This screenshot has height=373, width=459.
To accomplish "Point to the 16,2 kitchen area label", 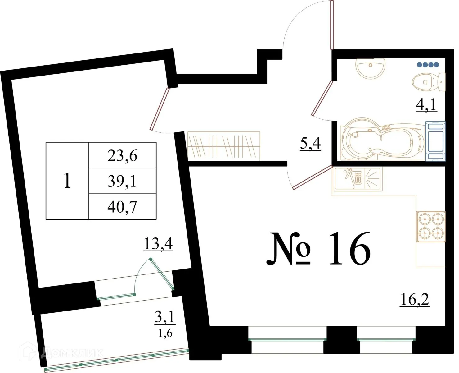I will coord(415,299).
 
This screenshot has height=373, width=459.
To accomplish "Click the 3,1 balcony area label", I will coord(165,317).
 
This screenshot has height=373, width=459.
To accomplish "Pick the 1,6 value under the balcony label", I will coord(165,333).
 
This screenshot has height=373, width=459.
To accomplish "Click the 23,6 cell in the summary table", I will coord(122,155).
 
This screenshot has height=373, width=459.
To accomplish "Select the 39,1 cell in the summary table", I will coord(122,181).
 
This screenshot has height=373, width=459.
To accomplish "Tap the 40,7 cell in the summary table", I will coord(122,207).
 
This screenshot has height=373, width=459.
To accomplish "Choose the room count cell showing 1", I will coord(67,181).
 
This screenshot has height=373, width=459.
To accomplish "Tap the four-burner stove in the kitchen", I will coord(431,226).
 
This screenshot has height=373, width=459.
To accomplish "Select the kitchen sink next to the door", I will coord(358,179).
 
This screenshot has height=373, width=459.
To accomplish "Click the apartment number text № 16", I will coord(318,249).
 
